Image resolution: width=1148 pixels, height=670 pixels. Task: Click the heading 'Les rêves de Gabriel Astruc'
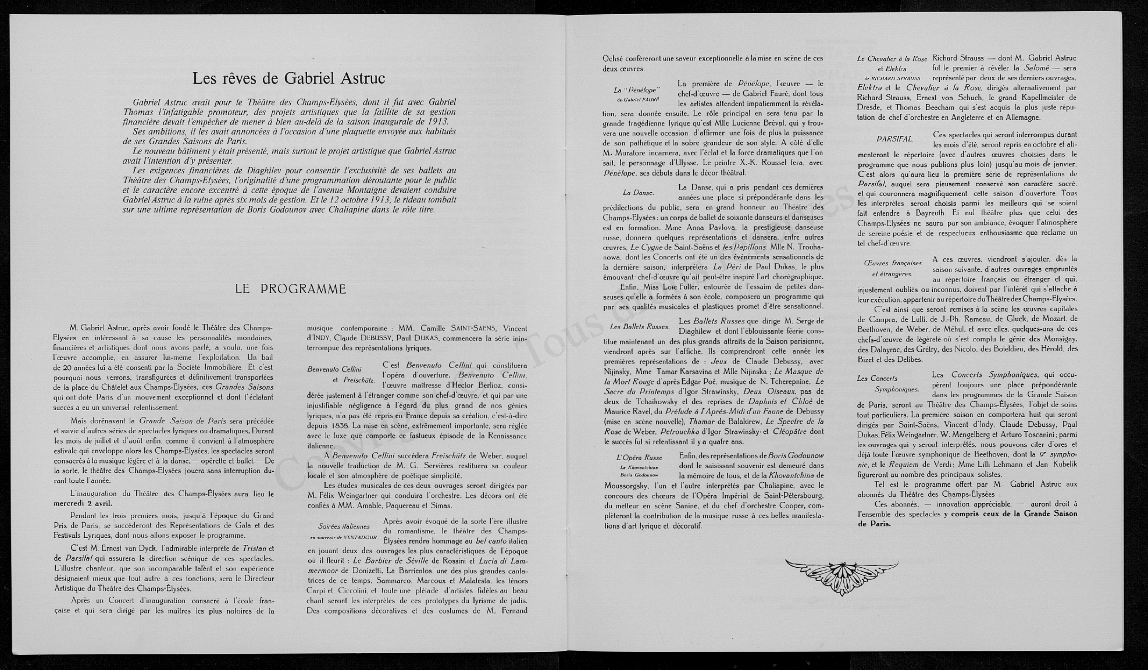click(289, 78)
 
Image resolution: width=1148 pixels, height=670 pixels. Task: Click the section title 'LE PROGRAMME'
click(290, 289)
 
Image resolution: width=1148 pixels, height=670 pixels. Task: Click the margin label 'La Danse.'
click(638, 193)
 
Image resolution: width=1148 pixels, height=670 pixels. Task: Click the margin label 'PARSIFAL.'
click(894, 139)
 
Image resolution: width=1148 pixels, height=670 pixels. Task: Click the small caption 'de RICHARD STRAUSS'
click(892, 78)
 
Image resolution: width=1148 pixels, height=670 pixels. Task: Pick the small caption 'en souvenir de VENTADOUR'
click(343, 536)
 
